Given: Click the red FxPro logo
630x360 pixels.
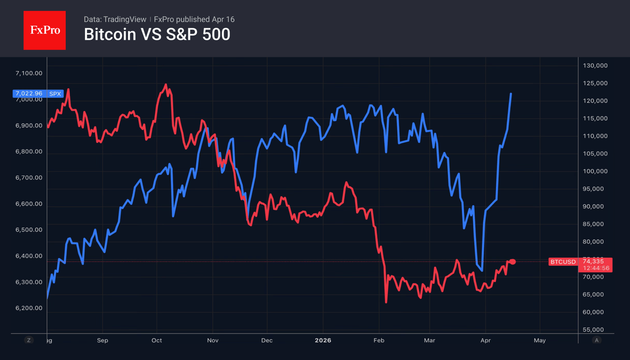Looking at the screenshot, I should (44, 30).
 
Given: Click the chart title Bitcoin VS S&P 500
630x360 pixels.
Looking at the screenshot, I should (157, 35).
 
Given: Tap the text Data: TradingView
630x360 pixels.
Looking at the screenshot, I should (115, 19).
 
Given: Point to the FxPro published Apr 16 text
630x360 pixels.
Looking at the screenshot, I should (194, 19).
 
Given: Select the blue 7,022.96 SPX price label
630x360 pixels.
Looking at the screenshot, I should (38, 94).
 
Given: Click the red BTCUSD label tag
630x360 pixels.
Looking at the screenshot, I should (563, 262).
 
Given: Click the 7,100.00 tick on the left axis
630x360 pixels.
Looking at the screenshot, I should (29, 73).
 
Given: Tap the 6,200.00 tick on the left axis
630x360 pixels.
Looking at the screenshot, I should (29, 308).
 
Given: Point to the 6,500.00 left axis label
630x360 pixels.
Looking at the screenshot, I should (29, 230).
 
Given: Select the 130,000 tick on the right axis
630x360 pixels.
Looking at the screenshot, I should (595, 66).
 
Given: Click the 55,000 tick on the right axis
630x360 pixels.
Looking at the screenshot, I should (595, 329).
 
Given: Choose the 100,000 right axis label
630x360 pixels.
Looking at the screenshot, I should (595, 171).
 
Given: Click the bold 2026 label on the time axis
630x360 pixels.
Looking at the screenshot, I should (323, 340).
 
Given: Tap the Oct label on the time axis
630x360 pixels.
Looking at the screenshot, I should (156, 340).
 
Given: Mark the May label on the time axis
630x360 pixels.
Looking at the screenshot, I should (539, 340).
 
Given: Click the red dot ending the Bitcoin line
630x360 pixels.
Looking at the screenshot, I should (513, 262).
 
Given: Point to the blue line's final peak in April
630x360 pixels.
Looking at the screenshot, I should (511, 94).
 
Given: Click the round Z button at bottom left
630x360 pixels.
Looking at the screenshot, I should (29, 340).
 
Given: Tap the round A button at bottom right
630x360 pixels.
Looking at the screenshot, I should (596, 340).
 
